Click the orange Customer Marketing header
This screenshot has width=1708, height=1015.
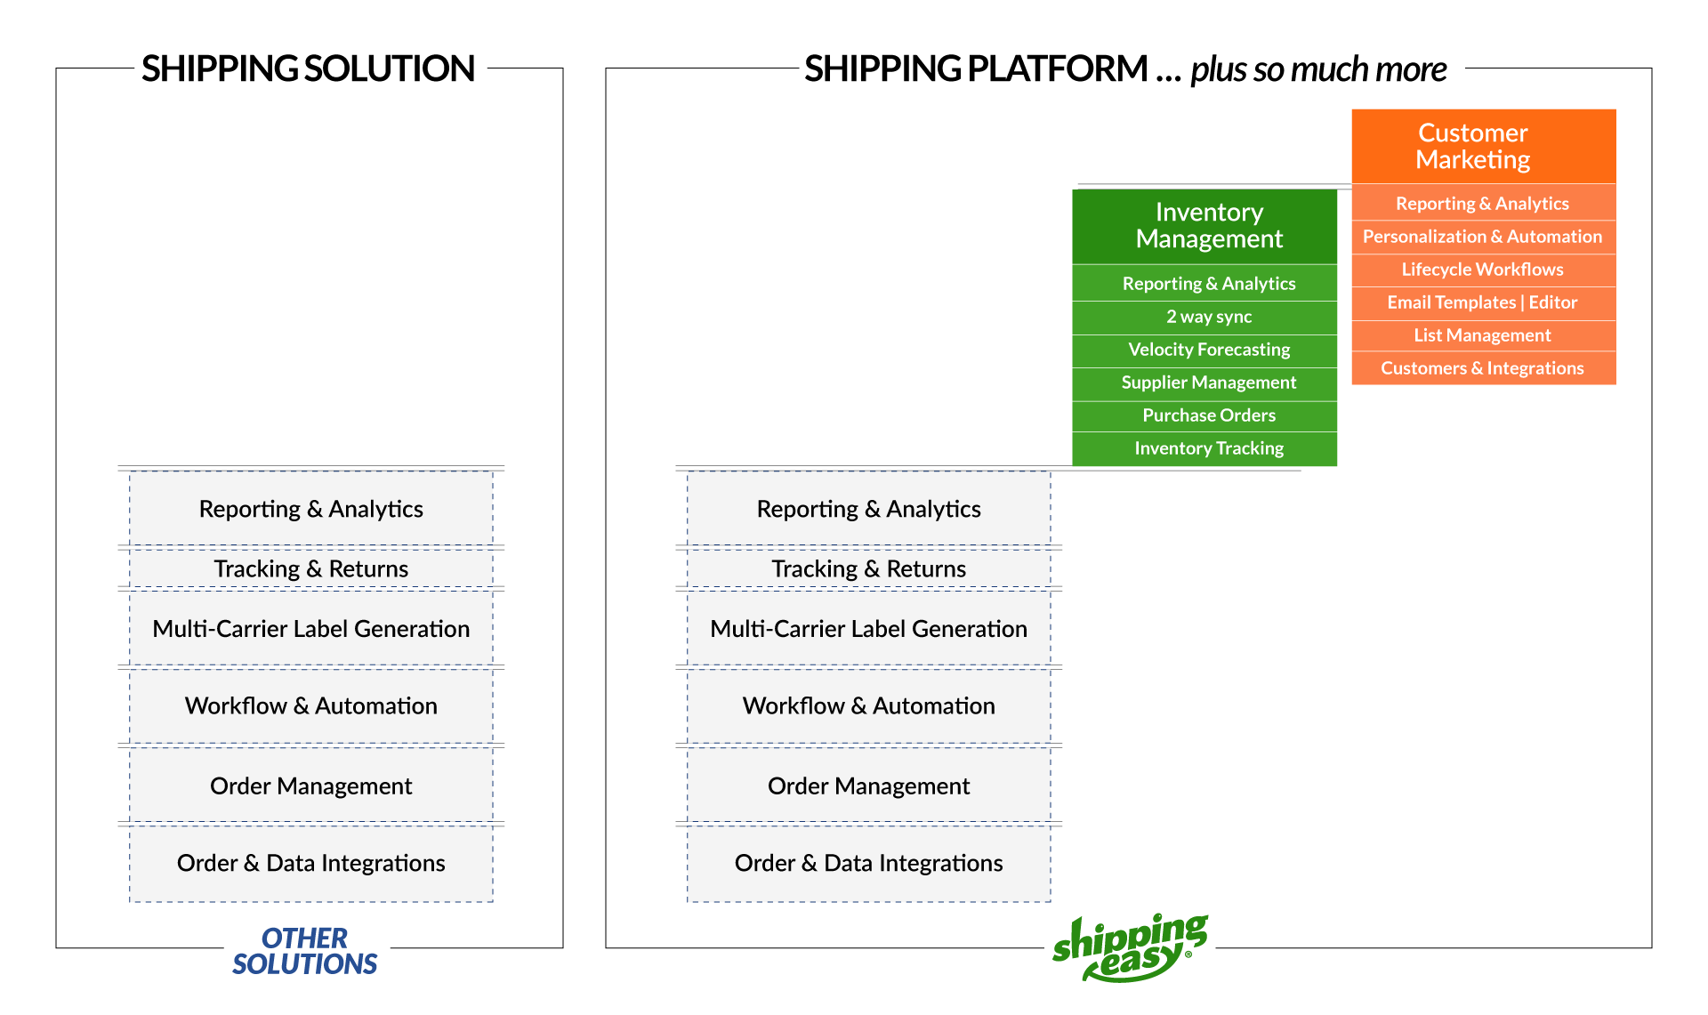coord(1483,146)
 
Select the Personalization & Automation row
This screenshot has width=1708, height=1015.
coord(1483,237)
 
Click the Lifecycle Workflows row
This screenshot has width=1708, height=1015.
coord(1483,270)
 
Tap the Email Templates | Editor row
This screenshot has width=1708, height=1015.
coord(1483,302)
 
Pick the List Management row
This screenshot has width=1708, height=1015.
coord(1483,335)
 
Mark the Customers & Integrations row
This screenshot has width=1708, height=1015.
coord(1483,368)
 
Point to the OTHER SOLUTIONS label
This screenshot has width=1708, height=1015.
coord(305,951)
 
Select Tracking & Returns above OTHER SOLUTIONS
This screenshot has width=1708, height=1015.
coord(311,568)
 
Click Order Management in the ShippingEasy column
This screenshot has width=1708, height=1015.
coord(869,785)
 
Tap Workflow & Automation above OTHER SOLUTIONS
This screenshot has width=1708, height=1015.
coord(311,705)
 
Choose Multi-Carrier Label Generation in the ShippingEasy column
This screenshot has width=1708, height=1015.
coord(869,629)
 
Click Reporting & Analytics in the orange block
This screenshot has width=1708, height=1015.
coord(1483,204)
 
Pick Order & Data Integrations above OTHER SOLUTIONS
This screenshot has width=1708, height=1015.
coord(311,863)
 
